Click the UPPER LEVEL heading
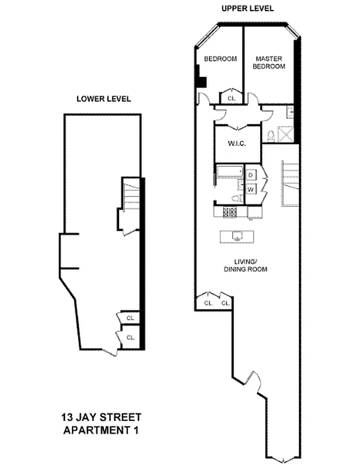coord(247,9)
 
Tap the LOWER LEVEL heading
coord(104,99)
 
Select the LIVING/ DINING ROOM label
coord(245,266)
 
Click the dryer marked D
coord(251,174)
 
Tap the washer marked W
coord(251,189)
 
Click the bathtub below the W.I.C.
coord(229,172)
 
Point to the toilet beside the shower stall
coord(271,135)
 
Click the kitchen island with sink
coord(236,236)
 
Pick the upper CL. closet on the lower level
coord(130,318)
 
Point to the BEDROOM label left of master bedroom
coord(220,59)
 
